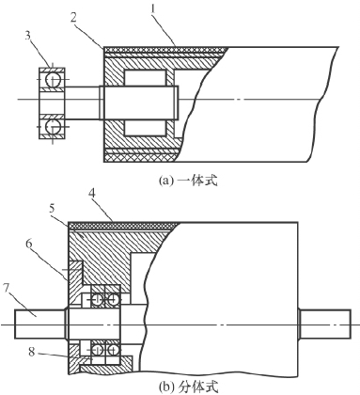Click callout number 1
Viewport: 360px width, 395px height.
tap(153, 9)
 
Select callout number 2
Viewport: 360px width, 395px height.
tap(73, 18)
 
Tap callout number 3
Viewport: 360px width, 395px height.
tap(28, 36)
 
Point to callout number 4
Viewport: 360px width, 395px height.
tap(92, 194)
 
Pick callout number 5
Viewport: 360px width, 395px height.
tap(53, 209)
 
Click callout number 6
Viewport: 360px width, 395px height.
tap(29, 244)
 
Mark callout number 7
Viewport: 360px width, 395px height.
tap(7, 288)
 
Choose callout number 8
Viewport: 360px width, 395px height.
tap(32, 352)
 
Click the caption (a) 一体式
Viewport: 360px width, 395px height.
tap(188, 181)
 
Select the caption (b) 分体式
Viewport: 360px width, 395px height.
tap(188, 388)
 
